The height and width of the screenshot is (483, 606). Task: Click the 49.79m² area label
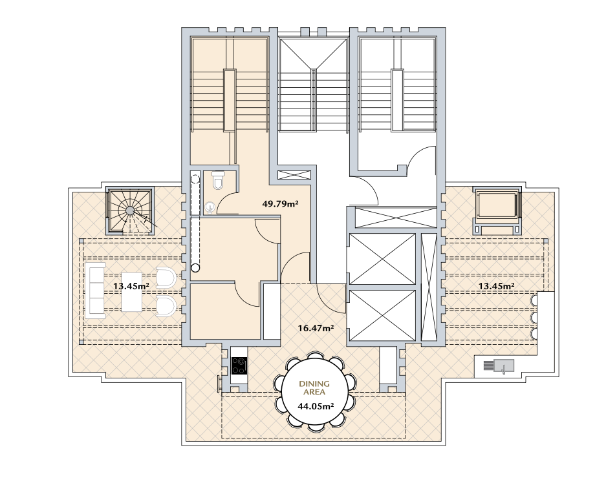click(x=280, y=203)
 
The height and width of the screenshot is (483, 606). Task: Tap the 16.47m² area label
click(x=316, y=328)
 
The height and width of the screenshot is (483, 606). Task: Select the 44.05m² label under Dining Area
click(x=316, y=406)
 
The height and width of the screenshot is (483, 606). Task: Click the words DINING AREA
click(x=314, y=388)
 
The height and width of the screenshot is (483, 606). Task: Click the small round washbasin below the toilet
click(x=210, y=207)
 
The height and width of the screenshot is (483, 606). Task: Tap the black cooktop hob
click(x=239, y=365)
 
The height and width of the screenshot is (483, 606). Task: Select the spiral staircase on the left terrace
click(x=130, y=211)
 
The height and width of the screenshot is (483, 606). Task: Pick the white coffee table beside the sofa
click(x=131, y=292)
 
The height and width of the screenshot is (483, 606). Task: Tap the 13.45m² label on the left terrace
click(x=131, y=286)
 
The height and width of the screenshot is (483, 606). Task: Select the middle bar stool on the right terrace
click(x=534, y=317)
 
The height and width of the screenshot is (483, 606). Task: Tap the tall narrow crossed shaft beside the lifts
click(x=428, y=287)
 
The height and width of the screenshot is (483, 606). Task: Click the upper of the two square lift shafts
click(x=382, y=259)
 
